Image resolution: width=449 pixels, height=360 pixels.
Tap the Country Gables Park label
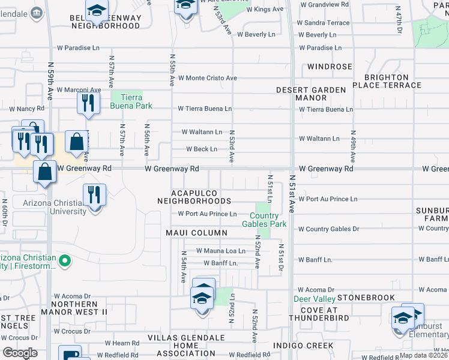[264, 220]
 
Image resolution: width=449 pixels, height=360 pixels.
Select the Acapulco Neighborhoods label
[200, 197]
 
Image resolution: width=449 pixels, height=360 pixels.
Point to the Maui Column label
[197, 233]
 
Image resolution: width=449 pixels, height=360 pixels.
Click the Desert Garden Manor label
[311, 94]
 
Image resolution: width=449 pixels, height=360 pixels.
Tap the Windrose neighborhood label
[330, 67]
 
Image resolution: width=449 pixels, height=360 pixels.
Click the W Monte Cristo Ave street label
[207, 78]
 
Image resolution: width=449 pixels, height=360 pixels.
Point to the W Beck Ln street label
[202, 149]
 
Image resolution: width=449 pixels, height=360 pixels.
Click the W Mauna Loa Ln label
[221, 251]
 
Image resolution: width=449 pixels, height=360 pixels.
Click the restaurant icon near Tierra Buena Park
[87, 103]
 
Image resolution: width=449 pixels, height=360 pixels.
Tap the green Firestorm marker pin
[66, 261]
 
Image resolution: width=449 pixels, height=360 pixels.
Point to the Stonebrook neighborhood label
[366, 298]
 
